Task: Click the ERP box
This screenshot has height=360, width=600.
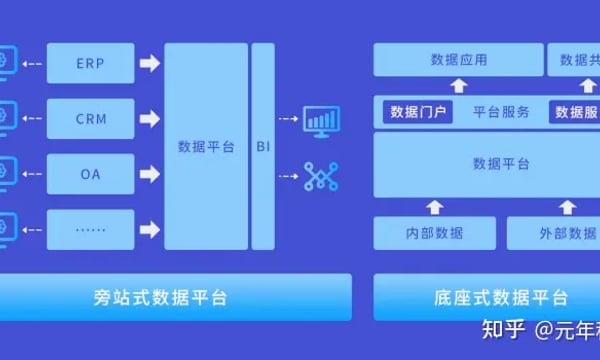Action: tap(90, 65)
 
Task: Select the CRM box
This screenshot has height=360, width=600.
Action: tap(90, 119)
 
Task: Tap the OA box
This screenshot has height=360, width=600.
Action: tap(90, 173)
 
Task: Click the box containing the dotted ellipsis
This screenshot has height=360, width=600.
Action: tap(90, 228)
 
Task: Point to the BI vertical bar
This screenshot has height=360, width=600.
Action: tap(263, 146)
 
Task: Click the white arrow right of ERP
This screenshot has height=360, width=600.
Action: tap(149, 65)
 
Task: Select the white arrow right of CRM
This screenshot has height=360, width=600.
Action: tap(149, 119)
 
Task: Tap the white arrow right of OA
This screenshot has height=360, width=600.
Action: tap(149, 173)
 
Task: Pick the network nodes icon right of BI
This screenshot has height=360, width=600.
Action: tap(322, 178)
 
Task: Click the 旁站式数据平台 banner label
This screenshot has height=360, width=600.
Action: tap(175, 297)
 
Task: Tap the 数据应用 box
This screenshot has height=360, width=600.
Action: tap(458, 60)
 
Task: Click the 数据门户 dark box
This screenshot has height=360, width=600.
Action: tap(418, 111)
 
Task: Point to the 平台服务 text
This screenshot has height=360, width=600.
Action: tap(500, 111)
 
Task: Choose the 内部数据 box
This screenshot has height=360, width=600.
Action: tap(434, 234)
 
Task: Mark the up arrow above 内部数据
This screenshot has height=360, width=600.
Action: tap(434, 207)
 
